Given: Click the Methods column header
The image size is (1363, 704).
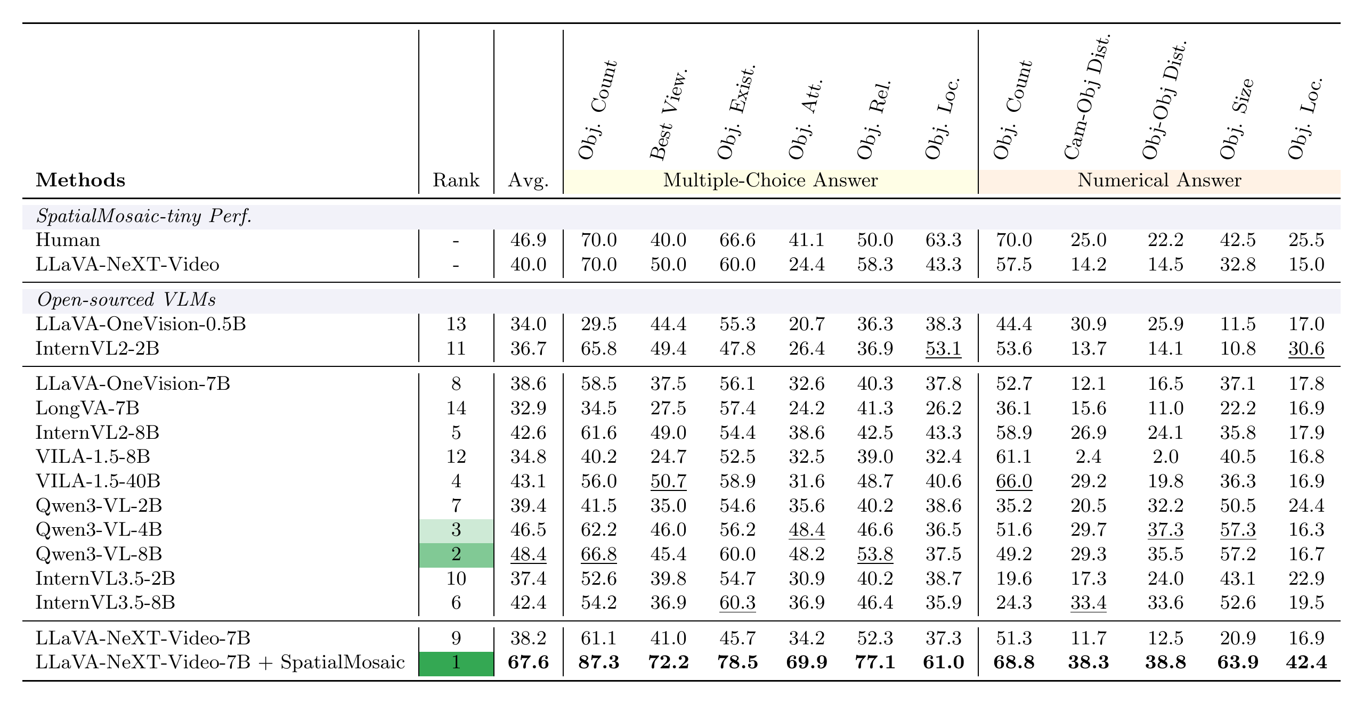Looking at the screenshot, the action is point(80,181).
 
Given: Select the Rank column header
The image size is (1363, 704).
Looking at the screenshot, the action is point(456,181).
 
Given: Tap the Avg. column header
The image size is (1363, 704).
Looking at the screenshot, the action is point(528,181).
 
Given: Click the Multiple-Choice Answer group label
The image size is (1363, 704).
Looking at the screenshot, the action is point(770,181).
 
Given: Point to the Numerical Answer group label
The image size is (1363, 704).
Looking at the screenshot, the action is point(1159,181).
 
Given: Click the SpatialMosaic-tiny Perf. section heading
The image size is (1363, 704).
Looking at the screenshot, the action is point(144,217).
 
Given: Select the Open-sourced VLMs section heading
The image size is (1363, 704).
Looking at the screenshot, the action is point(126,300).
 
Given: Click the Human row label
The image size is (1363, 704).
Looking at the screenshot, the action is point(68,240).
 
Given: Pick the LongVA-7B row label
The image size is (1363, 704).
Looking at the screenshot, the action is point(87,408).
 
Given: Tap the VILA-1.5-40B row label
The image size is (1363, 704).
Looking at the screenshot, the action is point(98,481).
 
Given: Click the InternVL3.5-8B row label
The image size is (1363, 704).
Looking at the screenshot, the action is point(105,602).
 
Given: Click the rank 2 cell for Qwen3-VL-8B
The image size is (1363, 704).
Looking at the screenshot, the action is point(457,555).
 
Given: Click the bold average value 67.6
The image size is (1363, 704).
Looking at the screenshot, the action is point(528,662).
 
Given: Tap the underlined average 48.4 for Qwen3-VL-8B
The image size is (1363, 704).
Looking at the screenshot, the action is point(528,554).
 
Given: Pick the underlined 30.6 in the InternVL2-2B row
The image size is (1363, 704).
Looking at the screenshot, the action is point(1306,349).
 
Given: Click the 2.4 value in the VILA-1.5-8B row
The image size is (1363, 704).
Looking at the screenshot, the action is point(1089,456).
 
